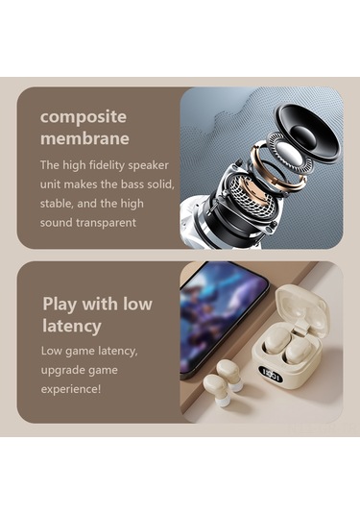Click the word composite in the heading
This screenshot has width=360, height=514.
point(84,117)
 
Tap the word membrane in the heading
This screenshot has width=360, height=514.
point(84,138)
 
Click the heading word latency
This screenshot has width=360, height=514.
point(72,326)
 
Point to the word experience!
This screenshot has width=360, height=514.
point(71,389)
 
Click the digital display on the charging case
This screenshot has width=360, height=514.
point(271,374)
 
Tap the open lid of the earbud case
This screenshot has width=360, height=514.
point(300,306)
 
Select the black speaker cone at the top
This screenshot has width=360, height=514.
point(307,133)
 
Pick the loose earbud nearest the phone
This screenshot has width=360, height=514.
point(230,375)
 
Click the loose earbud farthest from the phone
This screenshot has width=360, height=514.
point(217,389)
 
